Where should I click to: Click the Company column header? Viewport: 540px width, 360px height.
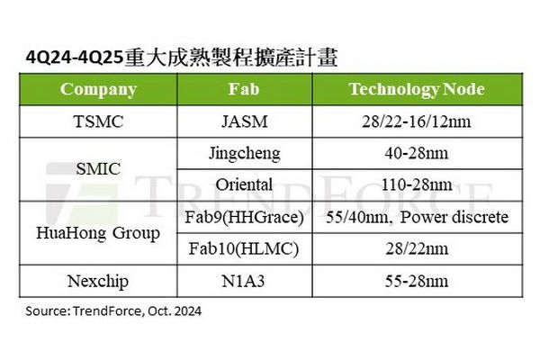pyautogui.click(x=98, y=90)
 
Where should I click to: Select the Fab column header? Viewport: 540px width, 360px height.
pyautogui.click(x=244, y=89)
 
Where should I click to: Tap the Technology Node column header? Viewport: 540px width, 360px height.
pyautogui.click(x=417, y=90)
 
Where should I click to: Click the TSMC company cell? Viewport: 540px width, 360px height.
pyautogui.click(x=98, y=121)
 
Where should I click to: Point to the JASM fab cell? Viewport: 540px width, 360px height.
pyautogui.click(x=245, y=121)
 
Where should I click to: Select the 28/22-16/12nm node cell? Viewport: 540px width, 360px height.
pyautogui.click(x=417, y=121)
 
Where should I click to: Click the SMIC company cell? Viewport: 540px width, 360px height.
pyautogui.click(x=98, y=169)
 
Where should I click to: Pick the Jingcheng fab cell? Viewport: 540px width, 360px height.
pyautogui.click(x=245, y=154)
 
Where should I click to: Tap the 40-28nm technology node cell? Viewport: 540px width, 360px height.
pyautogui.click(x=417, y=153)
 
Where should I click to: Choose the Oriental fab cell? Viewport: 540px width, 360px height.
pyautogui.click(x=244, y=184)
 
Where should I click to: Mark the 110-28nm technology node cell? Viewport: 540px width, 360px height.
pyautogui.click(x=417, y=184)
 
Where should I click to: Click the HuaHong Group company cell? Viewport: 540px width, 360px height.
pyautogui.click(x=98, y=233)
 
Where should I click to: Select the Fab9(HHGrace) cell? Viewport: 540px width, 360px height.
pyautogui.click(x=244, y=218)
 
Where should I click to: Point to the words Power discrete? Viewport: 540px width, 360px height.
pyautogui.click(x=454, y=217)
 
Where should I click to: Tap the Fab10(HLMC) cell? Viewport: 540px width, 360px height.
pyautogui.click(x=244, y=248)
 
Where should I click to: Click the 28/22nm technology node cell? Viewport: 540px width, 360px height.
pyautogui.click(x=417, y=248)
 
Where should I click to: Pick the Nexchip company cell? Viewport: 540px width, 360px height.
pyautogui.click(x=98, y=281)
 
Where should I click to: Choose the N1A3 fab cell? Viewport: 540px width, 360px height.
pyautogui.click(x=244, y=281)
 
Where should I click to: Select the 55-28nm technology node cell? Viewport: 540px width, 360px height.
pyautogui.click(x=417, y=281)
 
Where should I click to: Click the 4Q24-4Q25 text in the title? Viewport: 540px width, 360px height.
pyautogui.click(x=75, y=58)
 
